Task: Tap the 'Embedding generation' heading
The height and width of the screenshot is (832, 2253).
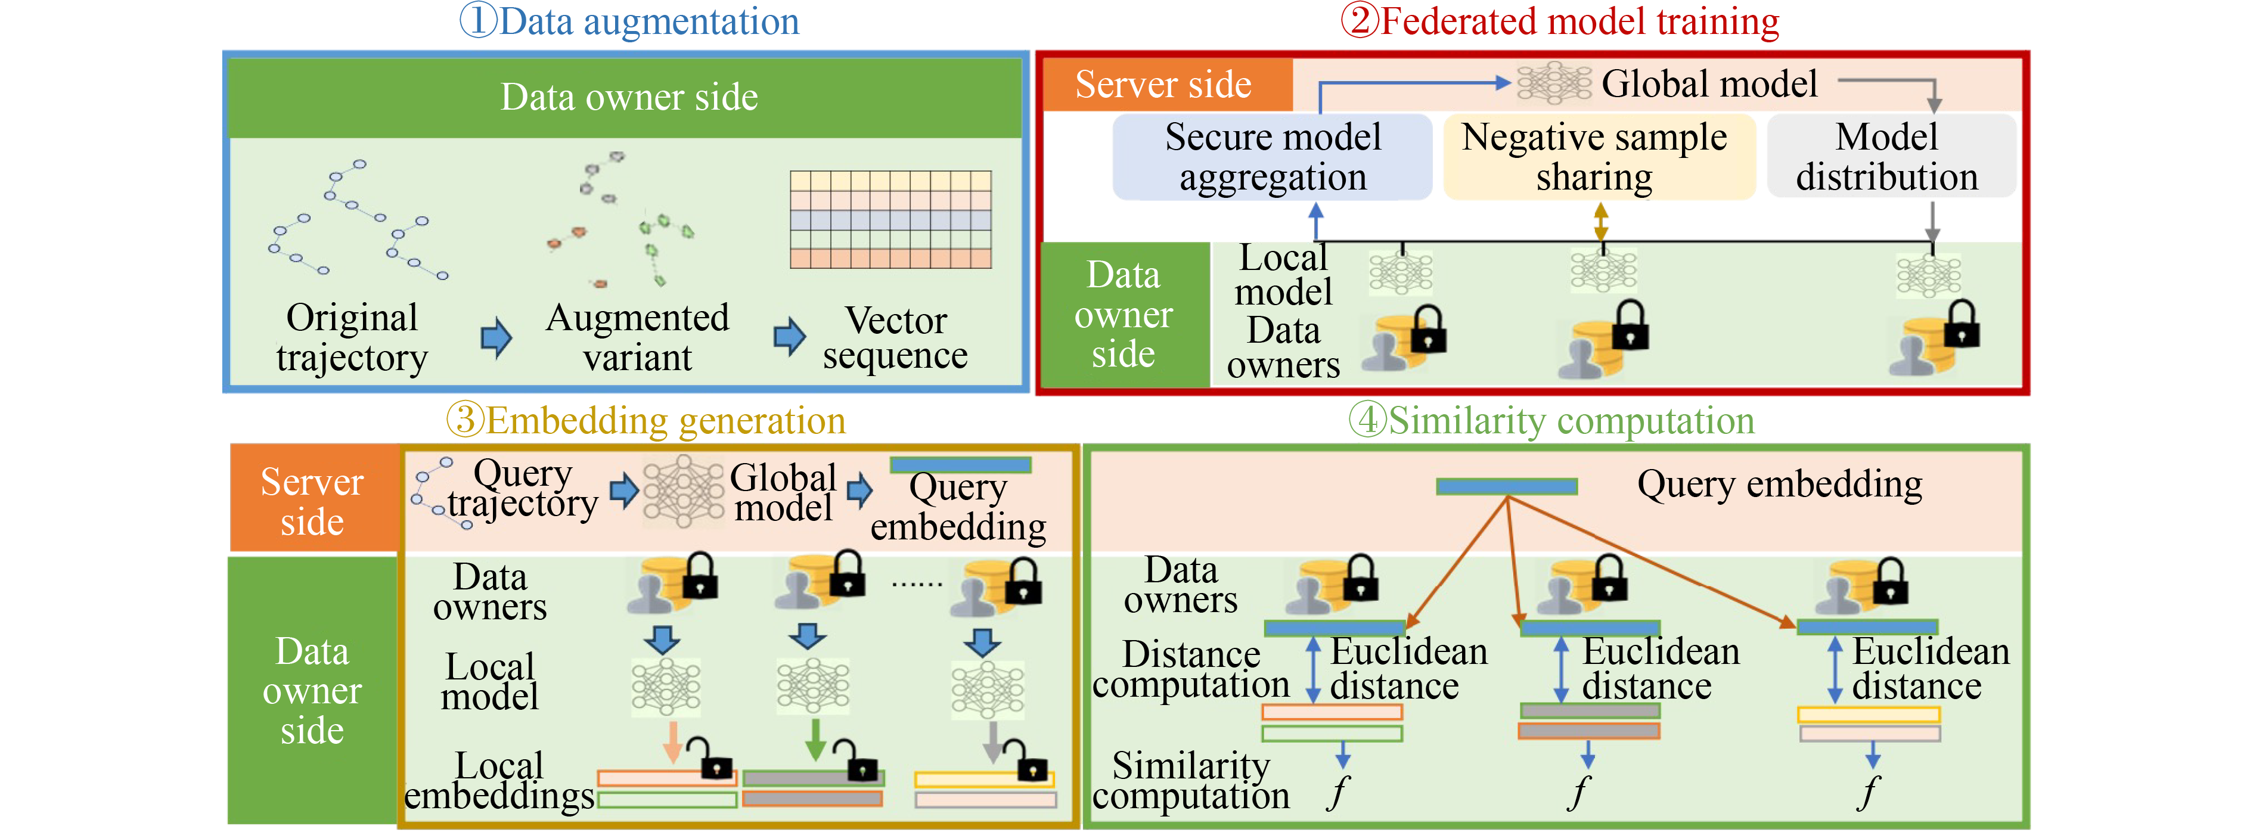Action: (x=646, y=421)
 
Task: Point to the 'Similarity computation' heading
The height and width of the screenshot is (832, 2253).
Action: (x=1551, y=421)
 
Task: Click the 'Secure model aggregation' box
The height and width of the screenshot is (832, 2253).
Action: (x=1273, y=157)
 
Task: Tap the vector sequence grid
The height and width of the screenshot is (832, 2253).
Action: (x=890, y=219)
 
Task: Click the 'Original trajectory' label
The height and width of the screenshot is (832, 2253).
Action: (x=352, y=338)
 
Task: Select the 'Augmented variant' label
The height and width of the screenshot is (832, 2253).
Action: (x=638, y=338)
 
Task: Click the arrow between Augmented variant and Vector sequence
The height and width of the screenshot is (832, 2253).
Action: (x=789, y=337)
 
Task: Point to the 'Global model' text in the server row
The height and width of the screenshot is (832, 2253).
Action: (x=1709, y=84)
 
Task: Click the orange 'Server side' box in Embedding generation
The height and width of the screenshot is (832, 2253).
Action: (x=312, y=501)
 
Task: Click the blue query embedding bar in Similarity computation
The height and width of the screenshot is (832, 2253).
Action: (x=1506, y=486)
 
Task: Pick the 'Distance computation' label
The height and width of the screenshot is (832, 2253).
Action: (x=1191, y=669)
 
